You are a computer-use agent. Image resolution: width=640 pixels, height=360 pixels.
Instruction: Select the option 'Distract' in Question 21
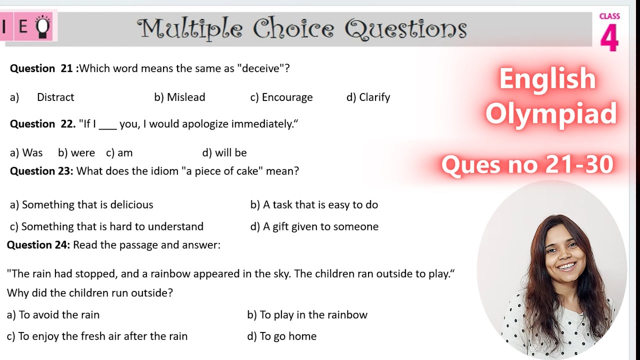[x=55, y=97]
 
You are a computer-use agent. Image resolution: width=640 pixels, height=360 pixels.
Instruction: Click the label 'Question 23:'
[x=41, y=171]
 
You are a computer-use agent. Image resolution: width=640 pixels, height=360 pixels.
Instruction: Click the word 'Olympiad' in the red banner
[x=551, y=114]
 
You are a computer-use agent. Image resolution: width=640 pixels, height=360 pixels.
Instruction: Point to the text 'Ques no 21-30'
[x=527, y=164]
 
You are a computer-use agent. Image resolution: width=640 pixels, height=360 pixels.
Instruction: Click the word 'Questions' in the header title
[x=406, y=29]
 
